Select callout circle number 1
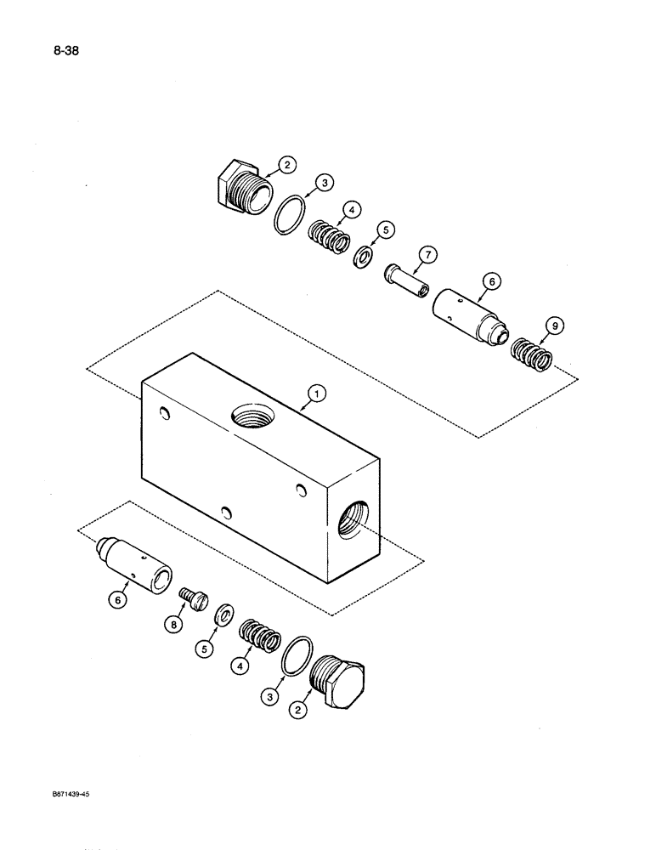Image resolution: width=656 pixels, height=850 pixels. [x=316, y=393]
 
